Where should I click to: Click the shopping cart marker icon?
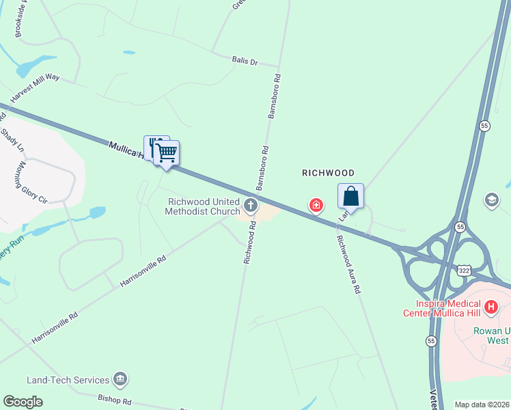click(x=166, y=152)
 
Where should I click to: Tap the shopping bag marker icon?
click(x=350, y=196)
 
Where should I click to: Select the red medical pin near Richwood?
click(x=316, y=204)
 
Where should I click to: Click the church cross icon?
click(x=251, y=205)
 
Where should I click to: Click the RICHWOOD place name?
click(x=328, y=174)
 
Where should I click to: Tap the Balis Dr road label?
click(x=244, y=61)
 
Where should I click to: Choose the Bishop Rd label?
click(x=114, y=398)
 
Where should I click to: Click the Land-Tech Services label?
click(x=68, y=380)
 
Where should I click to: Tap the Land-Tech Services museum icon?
click(x=120, y=379)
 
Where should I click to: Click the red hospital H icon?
click(x=490, y=307)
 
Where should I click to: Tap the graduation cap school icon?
click(x=491, y=200)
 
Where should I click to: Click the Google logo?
click(x=23, y=402)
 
